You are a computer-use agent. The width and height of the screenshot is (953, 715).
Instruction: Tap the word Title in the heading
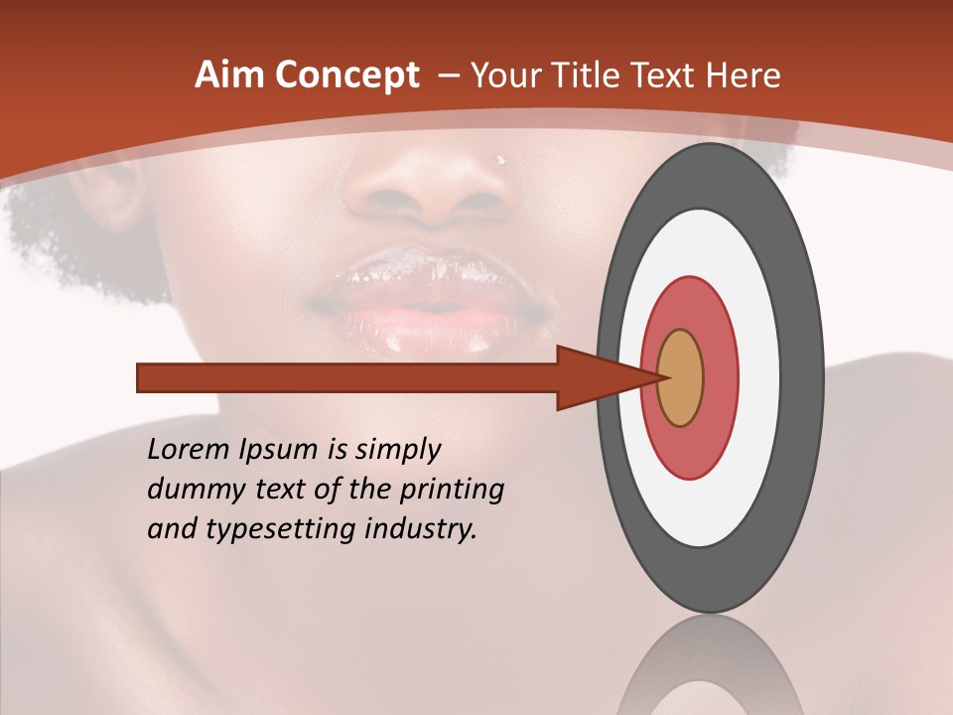click(613, 75)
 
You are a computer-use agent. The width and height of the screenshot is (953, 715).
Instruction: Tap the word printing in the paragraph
click(454, 491)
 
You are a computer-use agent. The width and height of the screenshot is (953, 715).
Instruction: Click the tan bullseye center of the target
click(681, 378)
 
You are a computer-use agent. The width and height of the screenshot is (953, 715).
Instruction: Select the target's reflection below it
click(710, 665)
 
